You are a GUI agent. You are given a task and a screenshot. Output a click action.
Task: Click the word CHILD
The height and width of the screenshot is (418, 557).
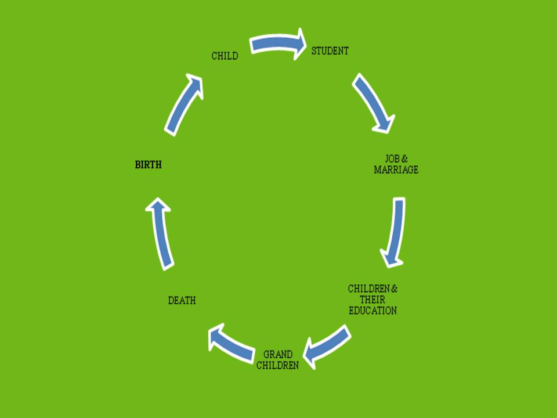coord(225,56)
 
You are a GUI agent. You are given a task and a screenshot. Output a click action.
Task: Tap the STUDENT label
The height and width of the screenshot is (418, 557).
coord(330,51)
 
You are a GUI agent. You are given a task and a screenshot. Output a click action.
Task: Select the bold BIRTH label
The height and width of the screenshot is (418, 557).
coord(148,165)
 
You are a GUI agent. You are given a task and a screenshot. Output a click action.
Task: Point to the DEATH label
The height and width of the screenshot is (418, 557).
coord(182,301)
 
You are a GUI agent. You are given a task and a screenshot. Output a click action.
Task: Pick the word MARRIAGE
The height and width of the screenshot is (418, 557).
coord(396,170)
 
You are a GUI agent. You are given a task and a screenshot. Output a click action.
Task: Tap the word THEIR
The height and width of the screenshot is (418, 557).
coord(372,300)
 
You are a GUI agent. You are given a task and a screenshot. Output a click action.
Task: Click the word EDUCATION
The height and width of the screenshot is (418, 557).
coord(372,311)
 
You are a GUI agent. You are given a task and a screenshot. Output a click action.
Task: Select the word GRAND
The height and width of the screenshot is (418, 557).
coord(278,355)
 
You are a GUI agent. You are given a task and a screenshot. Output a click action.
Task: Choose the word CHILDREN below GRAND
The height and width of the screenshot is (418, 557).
coord(277,366)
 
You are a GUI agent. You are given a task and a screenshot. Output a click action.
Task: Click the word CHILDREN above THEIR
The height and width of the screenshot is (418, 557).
coord(368,289)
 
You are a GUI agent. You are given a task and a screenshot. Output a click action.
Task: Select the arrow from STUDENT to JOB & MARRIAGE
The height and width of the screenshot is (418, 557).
coord(373,102)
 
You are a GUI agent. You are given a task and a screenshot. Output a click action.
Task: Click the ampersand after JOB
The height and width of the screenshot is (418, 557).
coord(405,158)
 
